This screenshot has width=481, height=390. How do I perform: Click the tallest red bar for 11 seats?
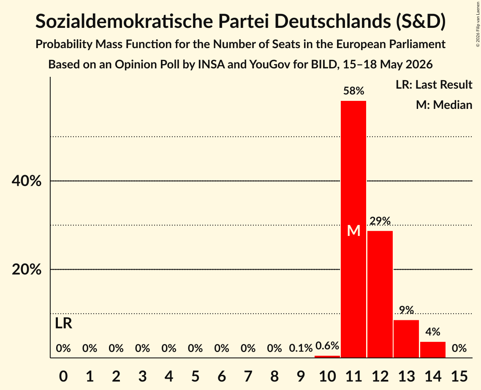coord(353,229)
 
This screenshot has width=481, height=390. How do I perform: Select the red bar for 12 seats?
coord(380,294)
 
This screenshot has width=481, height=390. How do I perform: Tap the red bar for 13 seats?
coord(406,339)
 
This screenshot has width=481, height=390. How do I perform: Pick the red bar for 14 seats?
coord(432,349)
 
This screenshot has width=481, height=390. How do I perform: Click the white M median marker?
coord(354,230)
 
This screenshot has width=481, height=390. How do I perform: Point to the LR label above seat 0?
coord(63,323)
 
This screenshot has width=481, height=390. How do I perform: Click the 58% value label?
coord(354,91)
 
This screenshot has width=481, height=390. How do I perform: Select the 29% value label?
coord(380,221)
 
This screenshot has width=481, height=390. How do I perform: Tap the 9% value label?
coord(406,310)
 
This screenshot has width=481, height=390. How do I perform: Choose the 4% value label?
coord(433,332)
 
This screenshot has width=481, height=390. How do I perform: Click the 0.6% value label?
coord(327,346)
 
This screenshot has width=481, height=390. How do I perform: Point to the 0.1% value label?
coord(301,348)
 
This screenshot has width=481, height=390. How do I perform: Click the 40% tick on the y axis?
coord(27,181)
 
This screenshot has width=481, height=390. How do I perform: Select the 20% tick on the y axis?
coord(27,270)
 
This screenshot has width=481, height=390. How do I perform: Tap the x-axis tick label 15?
coord(459,376)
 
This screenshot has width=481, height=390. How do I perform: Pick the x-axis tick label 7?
coord(248,376)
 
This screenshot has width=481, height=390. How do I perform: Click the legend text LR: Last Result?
coord(434,84)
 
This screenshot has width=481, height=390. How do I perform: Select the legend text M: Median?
coord(444,105)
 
